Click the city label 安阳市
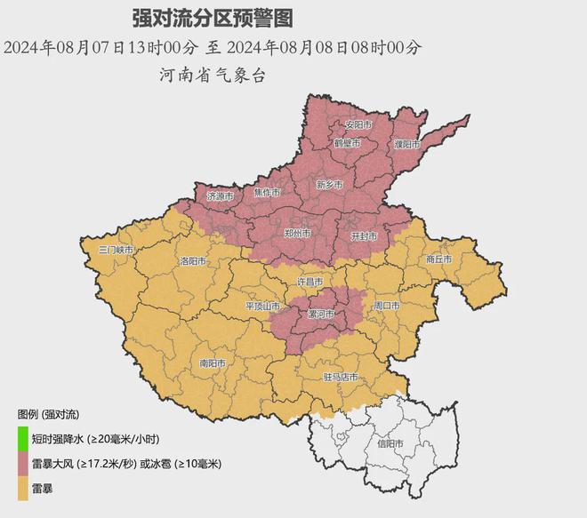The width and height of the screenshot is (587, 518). click(358, 125)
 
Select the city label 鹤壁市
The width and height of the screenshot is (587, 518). click(347, 143)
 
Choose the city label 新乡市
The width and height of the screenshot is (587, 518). click(329, 185)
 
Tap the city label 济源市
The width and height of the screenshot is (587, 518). click(219, 195)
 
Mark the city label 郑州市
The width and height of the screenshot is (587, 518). click(296, 233)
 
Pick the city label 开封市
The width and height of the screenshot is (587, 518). click(365, 236)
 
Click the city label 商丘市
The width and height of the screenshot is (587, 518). click(438, 259)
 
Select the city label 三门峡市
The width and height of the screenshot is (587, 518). click(116, 251)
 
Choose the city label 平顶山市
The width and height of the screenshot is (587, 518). click(262, 306)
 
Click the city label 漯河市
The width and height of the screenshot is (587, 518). click(319, 315)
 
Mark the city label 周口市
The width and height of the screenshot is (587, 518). click(387, 306)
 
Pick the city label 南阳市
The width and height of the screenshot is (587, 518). click(212, 363)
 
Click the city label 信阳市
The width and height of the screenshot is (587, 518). click(390, 442)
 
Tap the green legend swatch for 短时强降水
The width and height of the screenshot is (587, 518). click(22, 439)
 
